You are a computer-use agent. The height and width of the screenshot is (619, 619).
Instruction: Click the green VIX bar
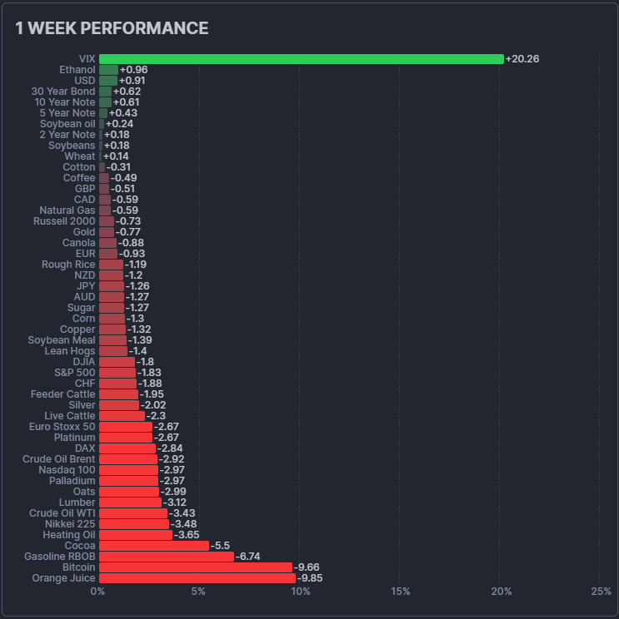pos(301,59)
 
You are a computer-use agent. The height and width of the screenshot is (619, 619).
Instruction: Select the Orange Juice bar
pos(197,578)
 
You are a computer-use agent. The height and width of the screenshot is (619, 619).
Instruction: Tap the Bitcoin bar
pos(196,567)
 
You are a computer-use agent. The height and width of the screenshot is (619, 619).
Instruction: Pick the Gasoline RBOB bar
pos(167,557)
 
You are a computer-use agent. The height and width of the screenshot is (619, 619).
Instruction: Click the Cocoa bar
pos(154,546)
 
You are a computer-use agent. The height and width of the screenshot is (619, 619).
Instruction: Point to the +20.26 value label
pos(522,59)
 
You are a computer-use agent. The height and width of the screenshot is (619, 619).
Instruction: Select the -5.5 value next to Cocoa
pos(220,546)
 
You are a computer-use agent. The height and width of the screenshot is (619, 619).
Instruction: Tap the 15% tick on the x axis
pos(400,592)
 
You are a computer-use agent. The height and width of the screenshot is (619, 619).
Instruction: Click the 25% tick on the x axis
pos(601,592)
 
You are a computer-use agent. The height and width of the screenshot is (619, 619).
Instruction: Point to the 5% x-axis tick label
pos(198,592)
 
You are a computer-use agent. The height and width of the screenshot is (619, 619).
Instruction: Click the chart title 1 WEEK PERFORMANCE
pos(112,28)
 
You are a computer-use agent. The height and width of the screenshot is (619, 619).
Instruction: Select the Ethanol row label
pos(77,70)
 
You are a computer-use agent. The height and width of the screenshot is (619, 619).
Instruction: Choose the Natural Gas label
pos(67,210)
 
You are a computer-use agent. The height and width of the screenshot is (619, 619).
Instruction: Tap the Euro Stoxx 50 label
pos(62,427)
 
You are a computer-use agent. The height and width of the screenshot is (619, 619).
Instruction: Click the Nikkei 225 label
pos(70,524)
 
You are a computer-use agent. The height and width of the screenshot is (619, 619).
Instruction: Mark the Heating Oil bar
pos(136,535)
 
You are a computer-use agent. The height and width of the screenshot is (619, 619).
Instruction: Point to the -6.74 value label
pos(248,557)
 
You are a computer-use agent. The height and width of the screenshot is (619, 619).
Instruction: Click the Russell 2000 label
pos(64,221)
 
